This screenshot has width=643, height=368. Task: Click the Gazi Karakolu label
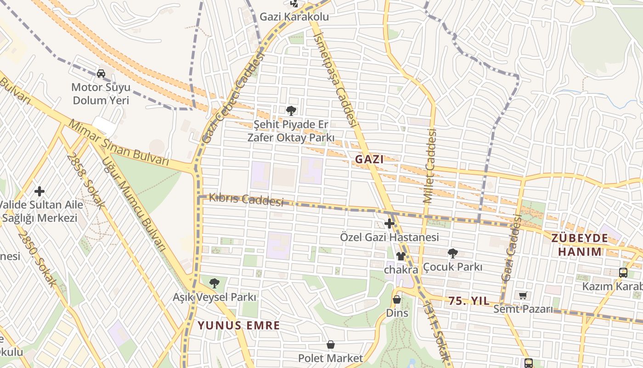click(x=294, y=17)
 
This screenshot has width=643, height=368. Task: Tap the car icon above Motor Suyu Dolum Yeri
click(x=101, y=73)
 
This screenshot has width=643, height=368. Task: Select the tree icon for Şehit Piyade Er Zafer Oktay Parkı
click(x=291, y=110)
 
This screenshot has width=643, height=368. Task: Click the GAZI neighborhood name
click(x=369, y=160)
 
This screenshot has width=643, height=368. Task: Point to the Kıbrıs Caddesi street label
click(x=246, y=200)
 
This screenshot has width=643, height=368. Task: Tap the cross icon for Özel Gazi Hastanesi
click(x=389, y=224)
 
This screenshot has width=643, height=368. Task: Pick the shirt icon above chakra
click(x=400, y=256)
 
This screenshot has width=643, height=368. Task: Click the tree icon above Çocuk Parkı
click(x=452, y=253)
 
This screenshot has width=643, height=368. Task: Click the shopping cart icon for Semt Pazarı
click(x=523, y=295)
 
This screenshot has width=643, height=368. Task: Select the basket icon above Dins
click(x=397, y=300)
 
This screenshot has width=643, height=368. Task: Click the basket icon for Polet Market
click(x=330, y=345)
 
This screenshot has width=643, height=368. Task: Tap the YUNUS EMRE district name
click(x=238, y=326)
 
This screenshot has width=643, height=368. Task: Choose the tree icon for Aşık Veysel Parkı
click(x=214, y=283)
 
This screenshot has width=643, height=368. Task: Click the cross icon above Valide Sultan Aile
click(x=39, y=191)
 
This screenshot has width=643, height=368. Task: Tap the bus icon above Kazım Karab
click(x=623, y=272)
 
